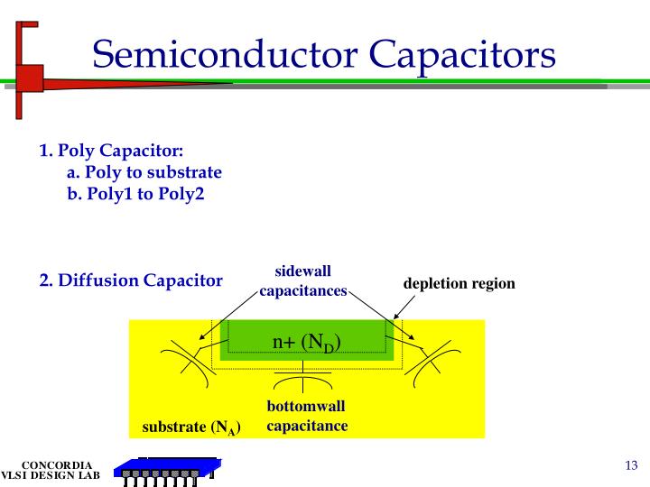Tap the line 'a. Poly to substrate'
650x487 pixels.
tap(144, 172)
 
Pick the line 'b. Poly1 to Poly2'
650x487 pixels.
tap(135, 193)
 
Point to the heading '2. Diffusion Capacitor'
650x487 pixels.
tap(131, 280)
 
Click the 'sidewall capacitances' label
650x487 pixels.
tap(303, 281)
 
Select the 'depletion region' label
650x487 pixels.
tap(459, 283)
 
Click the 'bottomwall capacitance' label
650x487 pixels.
tap(306, 416)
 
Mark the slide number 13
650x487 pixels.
tap(631, 465)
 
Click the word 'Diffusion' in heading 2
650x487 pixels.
tap(98, 280)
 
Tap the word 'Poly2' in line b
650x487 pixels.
tap(184, 193)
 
